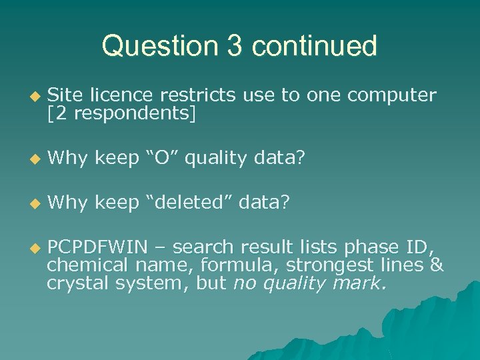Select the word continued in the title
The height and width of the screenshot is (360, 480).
point(315,46)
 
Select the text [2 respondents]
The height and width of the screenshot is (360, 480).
point(121,113)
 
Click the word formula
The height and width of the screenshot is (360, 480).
point(231,265)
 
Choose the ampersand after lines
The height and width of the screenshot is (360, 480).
point(437,265)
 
